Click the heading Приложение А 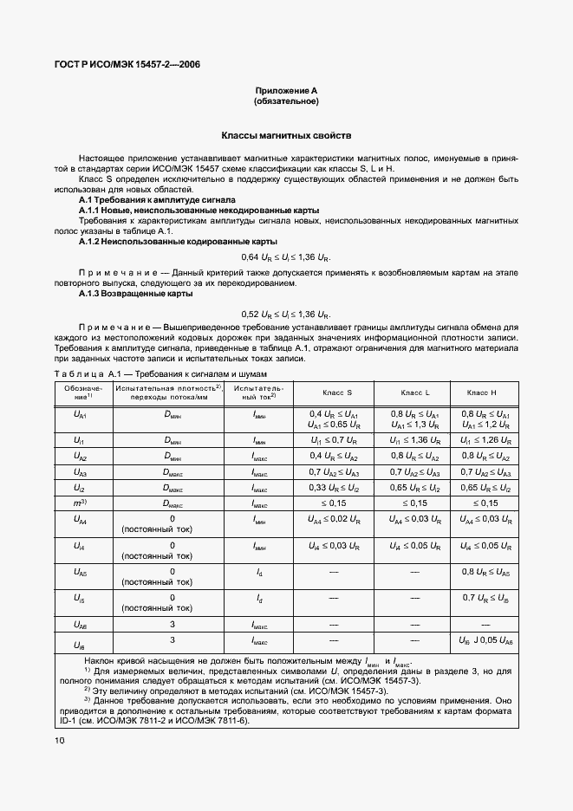click(285, 90)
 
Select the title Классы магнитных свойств click(285, 136)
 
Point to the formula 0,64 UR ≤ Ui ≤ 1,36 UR click(285, 257)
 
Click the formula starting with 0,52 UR click(285, 313)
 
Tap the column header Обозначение click(82, 393)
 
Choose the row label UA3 click(82, 471)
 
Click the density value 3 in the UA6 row click(173, 624)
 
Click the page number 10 click(59, 740)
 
